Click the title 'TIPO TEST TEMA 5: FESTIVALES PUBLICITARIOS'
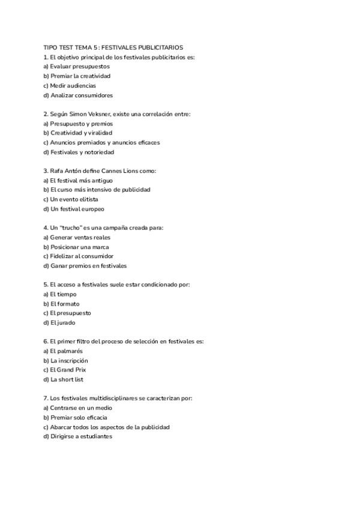coord(113,47)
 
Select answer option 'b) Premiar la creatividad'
coord(77,76)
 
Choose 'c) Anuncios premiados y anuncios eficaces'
coord(101,142)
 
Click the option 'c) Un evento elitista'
coord(71,199)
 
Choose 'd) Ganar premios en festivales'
coord(85,266)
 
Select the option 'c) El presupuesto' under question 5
coord(67,313)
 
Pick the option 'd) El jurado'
coord(59,323)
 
